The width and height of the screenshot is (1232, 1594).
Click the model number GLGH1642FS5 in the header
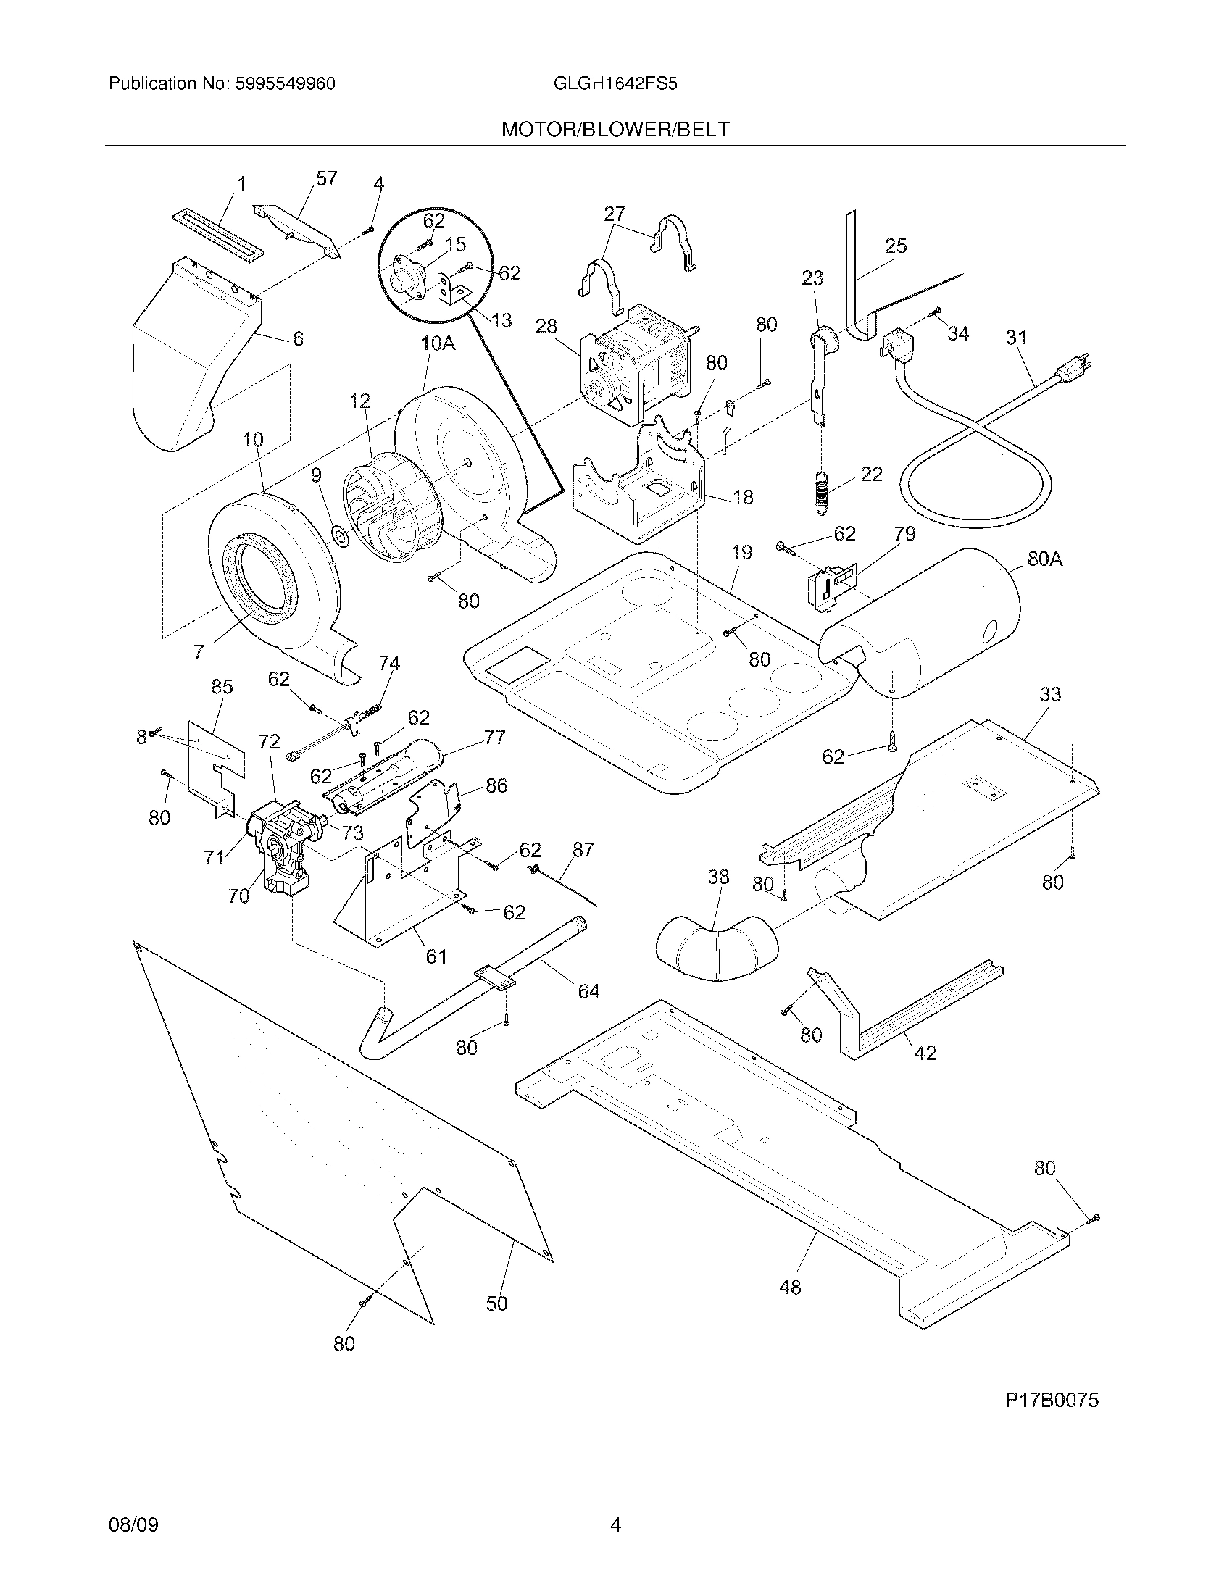615,84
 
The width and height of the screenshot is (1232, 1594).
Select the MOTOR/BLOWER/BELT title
615,130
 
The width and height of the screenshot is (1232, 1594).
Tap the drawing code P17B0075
1051,1400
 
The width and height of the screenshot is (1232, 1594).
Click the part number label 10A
437,343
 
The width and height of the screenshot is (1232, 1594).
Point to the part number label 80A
1044,559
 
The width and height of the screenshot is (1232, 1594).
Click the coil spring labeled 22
821,490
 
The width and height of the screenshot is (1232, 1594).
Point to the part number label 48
790,1287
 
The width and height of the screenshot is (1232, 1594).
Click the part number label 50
496,1303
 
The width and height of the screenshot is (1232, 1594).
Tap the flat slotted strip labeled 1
217,235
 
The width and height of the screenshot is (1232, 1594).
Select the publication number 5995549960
286,84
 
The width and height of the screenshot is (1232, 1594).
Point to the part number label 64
588,991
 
